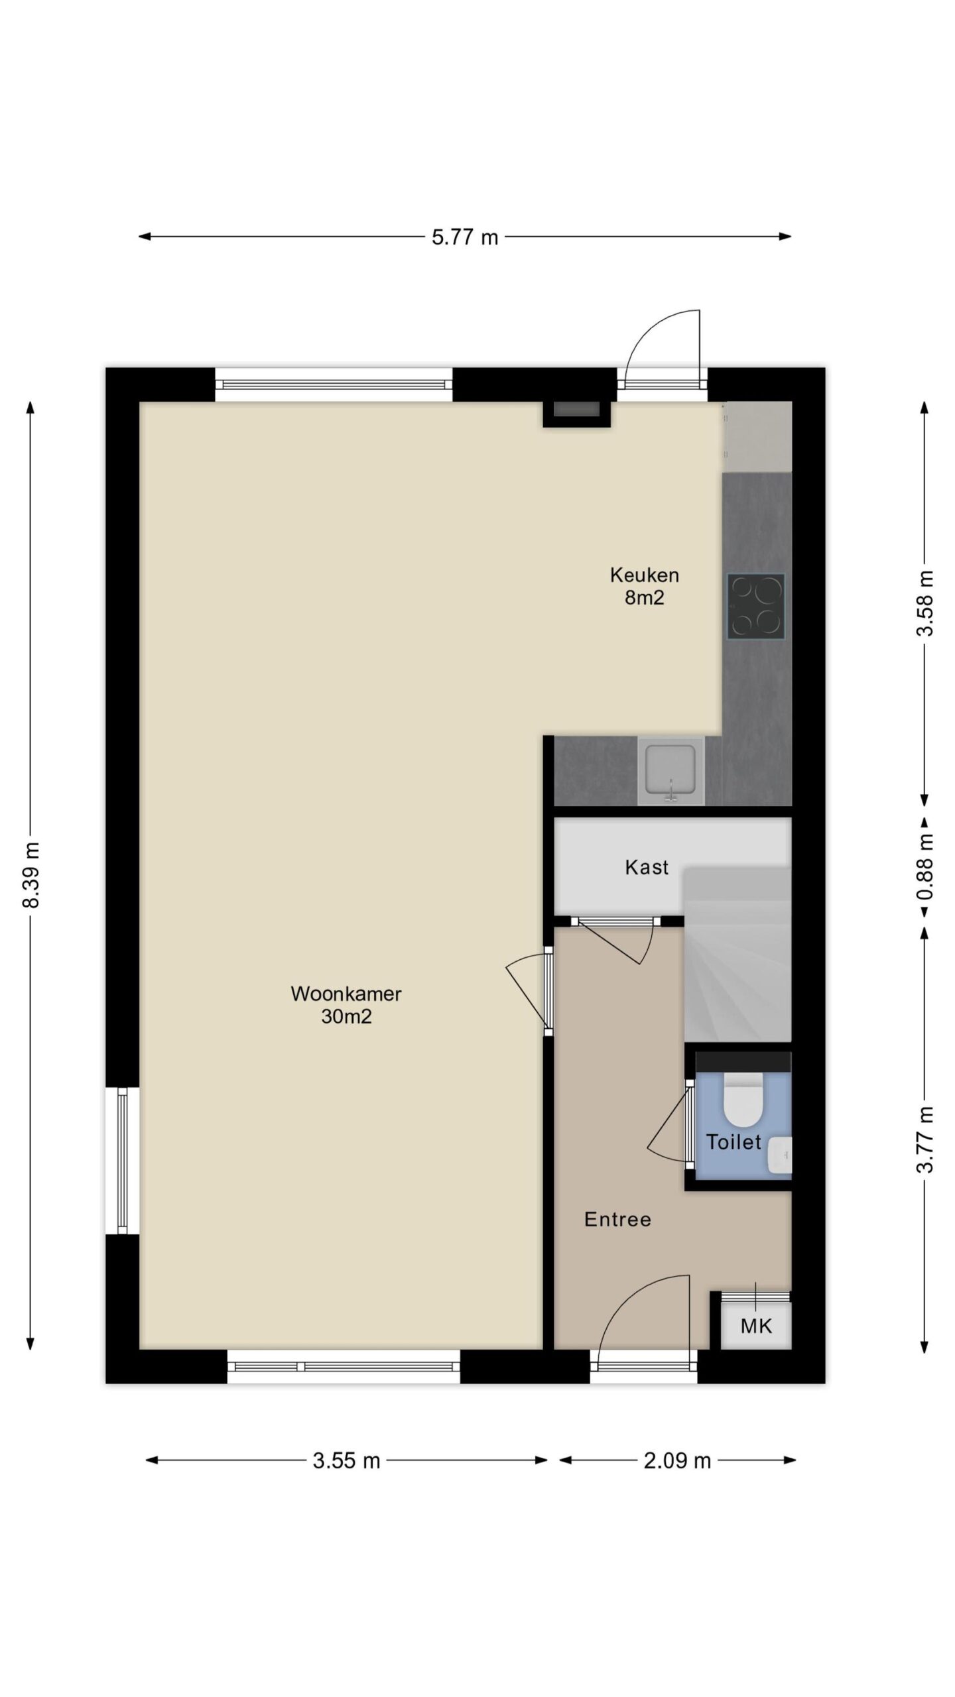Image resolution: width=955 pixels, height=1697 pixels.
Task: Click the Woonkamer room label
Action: [x=346, y=1005]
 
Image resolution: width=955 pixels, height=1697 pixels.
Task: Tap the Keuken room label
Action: [x=644, y=586]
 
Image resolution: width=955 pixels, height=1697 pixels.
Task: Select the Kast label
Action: [x=647, y=867]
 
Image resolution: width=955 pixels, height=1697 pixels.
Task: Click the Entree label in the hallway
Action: [x=617, y=1220]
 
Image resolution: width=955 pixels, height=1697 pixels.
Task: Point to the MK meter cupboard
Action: [x=756, y=1326]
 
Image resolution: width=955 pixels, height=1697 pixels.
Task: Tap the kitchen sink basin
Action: [x=670, y=769]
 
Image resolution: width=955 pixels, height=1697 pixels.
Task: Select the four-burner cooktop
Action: [x=756, y=607]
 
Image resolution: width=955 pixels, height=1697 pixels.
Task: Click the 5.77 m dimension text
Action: [x=465, y=237]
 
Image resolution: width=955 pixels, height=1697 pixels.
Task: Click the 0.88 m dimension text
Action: [x=924, y=867]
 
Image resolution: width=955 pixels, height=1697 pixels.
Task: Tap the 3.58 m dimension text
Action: [x=924, y=603]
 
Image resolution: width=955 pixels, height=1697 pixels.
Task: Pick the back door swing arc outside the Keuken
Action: [x=651, y=328]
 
